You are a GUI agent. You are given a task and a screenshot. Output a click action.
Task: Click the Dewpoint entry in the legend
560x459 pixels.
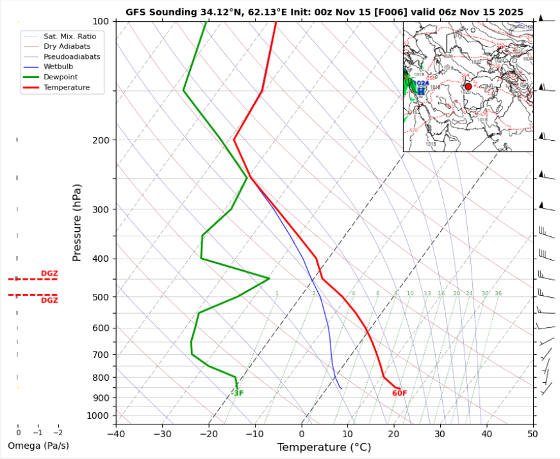(57, 77)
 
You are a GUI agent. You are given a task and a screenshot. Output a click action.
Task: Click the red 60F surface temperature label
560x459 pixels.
(399, 393)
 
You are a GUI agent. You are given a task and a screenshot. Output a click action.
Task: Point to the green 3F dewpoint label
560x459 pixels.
(238, 393)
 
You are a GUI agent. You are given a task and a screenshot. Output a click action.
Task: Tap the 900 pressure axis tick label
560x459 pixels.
(101, 398)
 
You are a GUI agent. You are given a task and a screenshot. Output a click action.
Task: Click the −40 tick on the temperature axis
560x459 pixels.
(116, 433)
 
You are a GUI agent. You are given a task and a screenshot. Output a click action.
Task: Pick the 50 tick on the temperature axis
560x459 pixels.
(532, 433)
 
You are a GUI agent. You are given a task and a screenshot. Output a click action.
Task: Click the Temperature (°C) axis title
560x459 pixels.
(324, 447)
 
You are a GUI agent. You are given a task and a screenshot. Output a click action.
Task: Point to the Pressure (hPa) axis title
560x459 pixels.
(77, 222)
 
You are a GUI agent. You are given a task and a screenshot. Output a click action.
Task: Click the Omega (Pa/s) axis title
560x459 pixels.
(38, 446)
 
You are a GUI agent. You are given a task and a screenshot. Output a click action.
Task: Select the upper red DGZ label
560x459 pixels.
(49, 273)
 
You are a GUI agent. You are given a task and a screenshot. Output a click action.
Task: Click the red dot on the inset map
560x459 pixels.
(468, 86)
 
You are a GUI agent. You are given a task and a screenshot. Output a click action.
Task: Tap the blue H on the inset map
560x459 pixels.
(421, 92)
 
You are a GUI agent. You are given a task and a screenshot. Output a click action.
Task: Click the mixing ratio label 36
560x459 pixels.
(498, 293)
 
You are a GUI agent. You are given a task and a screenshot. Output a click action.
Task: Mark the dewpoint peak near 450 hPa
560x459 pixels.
(269, 278)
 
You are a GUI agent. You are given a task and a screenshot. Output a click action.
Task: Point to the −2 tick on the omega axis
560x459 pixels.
(58, 433)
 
